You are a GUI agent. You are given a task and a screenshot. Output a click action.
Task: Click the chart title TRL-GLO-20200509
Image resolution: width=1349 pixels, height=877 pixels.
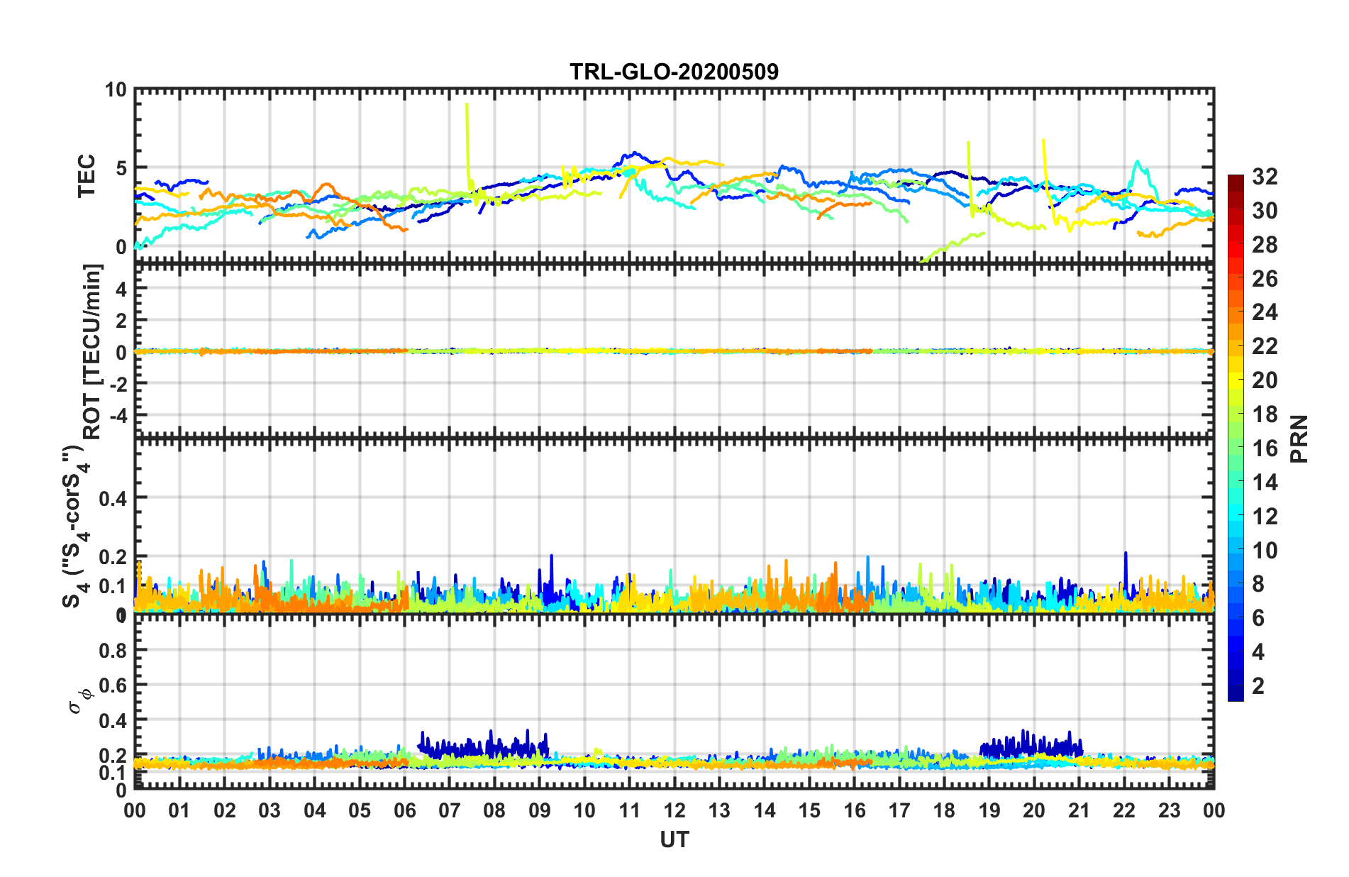(674, 72)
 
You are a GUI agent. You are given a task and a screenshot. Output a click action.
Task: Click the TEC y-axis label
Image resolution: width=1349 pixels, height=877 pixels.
(87, 176)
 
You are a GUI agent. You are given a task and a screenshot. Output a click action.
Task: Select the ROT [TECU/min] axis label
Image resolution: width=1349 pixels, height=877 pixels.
(92, 351)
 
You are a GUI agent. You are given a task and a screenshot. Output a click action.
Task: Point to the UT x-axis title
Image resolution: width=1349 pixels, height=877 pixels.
(674, 840)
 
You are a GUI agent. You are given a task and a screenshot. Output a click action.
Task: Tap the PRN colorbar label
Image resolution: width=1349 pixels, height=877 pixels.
(1299, 438)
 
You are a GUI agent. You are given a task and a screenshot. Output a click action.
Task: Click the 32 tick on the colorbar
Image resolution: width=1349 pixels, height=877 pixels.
(1264, 177)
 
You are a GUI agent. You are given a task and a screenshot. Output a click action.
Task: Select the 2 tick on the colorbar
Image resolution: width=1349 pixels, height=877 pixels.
(1258, 685)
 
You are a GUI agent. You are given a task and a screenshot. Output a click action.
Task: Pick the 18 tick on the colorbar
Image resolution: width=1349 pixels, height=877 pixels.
(1264, 414)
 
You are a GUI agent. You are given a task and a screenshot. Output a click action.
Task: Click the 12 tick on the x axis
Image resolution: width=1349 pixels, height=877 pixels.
(674, 810)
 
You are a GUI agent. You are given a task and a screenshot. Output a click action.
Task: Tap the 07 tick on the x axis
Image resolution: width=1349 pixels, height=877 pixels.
(450, 810)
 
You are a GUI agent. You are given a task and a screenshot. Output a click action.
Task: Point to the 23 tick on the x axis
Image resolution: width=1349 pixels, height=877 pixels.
(1169, 810)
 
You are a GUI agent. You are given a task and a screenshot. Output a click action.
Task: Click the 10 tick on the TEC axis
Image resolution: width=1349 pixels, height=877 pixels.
(115, 90)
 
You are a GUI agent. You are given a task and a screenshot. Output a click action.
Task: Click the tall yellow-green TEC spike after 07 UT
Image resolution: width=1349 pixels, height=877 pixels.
(467, 106)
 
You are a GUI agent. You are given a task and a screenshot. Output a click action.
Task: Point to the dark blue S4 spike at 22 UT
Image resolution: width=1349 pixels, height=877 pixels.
(1125, 554)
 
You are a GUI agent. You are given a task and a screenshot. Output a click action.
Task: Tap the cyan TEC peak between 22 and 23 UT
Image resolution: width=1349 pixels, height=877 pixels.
(1138, 163)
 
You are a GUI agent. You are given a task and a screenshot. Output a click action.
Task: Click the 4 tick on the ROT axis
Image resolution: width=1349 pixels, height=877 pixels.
(121, 289)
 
